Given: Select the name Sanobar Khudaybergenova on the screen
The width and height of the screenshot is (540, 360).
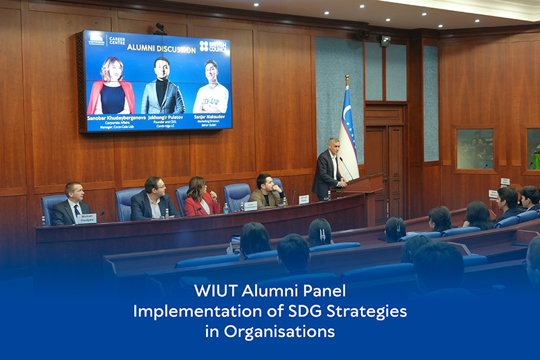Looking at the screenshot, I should point(111,117).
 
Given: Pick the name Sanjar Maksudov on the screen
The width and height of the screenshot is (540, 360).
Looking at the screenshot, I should point(210,117).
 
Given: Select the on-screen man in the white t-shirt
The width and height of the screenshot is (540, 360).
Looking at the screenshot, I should point(211,88).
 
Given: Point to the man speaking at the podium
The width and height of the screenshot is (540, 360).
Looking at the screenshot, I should point(329,169).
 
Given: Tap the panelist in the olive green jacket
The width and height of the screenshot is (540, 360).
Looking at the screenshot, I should point(266,192).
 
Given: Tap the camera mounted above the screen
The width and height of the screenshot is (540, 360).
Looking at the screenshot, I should point(161,28).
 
